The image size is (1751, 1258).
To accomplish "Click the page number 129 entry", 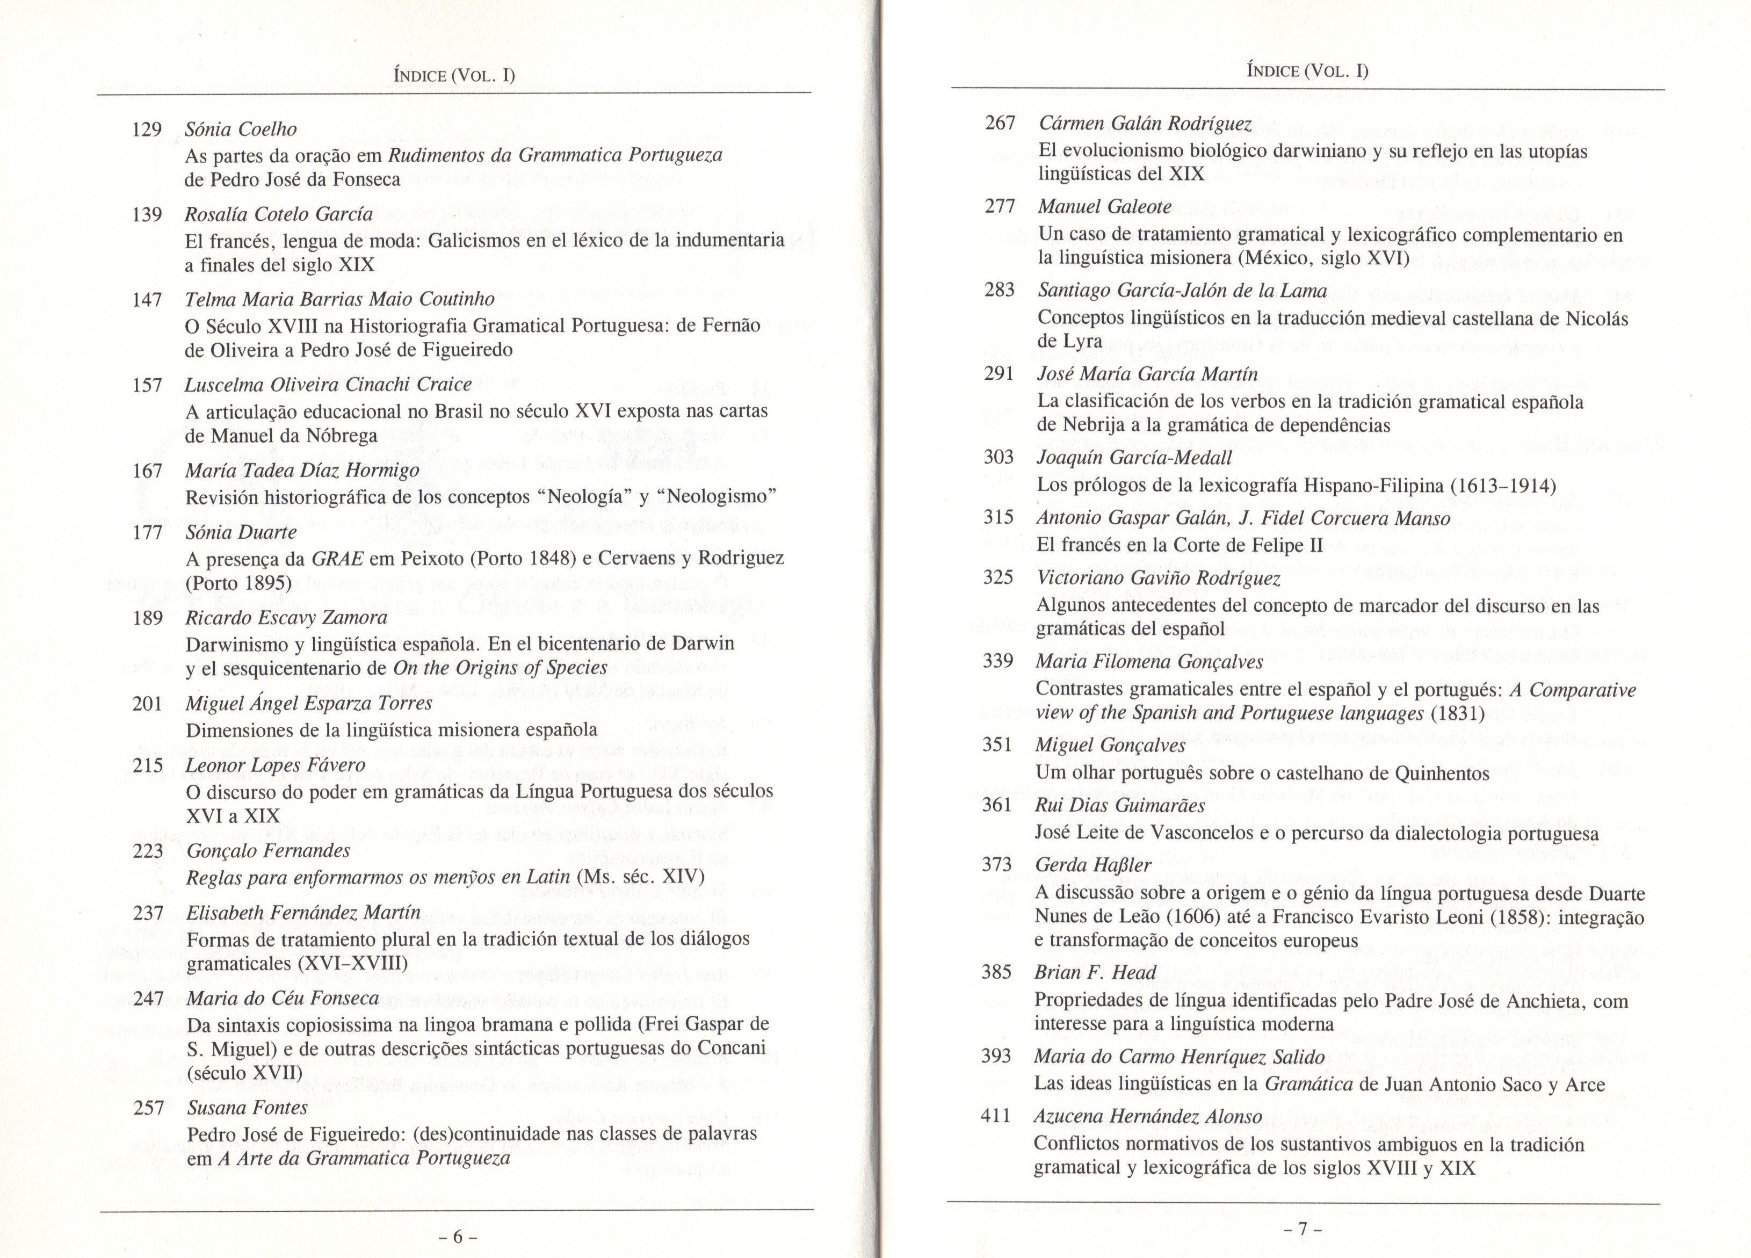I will (147, 130).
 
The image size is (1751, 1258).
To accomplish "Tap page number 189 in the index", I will (148, 618).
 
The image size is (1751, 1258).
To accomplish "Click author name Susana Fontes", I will (247, 1108).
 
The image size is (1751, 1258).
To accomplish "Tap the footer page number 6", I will (457, 1237).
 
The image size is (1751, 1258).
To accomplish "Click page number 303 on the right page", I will (998, 457).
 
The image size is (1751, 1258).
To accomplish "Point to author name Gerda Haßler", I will (1092, 865).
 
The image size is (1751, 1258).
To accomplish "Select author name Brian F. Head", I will (1095, 972).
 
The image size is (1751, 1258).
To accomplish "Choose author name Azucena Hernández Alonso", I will (1147, 1117).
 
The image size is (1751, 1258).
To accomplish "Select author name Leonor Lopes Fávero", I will (276, 765).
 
